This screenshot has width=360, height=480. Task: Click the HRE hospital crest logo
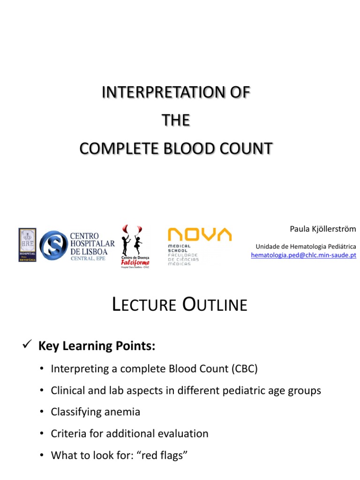coord(27,245)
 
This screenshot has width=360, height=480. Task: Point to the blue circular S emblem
coord(53,245)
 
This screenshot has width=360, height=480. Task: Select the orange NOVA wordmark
coord(200,234)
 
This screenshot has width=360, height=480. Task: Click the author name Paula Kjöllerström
coord(322,229)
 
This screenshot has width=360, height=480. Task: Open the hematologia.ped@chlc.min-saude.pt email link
coord(303,255)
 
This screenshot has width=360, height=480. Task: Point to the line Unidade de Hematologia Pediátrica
coord(306,246)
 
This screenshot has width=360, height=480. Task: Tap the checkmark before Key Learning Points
coord(27,345)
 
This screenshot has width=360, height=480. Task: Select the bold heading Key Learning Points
coord(96,346)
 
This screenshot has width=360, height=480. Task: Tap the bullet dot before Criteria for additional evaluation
coord(42,434)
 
